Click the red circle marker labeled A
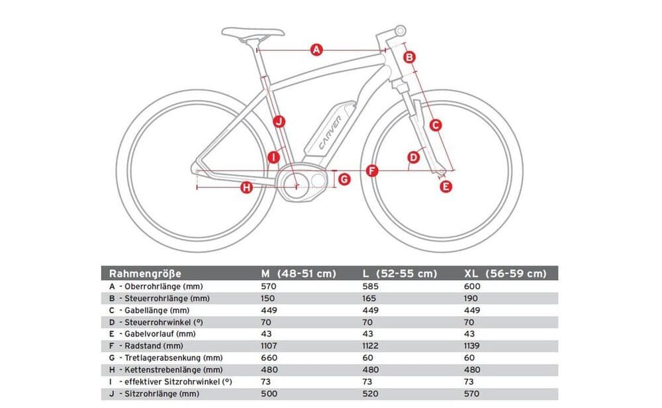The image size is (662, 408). coord(316,50)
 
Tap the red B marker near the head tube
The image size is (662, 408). coord(409,57)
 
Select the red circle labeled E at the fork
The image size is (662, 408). coord(446,187)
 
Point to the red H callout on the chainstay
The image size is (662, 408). coord(246,188)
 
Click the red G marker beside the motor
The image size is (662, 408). coord(344,179)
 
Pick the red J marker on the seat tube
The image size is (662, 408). coord(279,121)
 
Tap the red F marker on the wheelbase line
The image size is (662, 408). coord(371,171)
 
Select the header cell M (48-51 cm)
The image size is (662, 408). coord(298,274)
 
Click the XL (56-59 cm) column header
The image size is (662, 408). coord(506,274)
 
